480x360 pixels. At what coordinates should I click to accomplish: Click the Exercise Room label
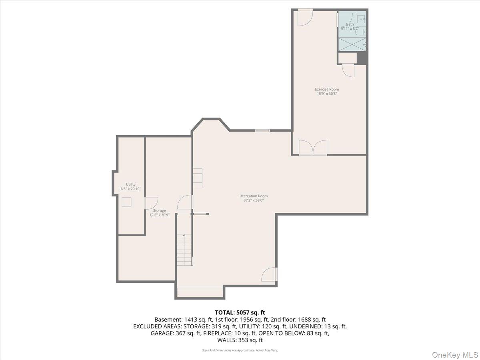coord(326,89)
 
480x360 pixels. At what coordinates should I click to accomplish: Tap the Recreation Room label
coord(254,196)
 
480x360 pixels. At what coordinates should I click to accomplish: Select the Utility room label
coord(131,184)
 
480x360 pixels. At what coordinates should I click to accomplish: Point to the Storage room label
coord(159,210)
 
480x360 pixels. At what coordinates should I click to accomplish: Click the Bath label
coord(350,24)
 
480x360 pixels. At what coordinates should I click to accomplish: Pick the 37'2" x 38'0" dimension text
coord(254,200)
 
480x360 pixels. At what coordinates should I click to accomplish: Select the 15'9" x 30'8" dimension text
coord(326,94)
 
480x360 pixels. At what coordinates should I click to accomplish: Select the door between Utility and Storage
coord(150,202)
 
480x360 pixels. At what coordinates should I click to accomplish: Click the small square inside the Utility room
coord(127,202)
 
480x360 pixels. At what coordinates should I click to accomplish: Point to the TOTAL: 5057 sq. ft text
coord(240,312)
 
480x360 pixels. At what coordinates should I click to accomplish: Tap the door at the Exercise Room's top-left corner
coord(304,18)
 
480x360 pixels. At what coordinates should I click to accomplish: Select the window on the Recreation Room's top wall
coord(262,130)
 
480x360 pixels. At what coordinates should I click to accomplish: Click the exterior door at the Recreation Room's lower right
coord(270,274)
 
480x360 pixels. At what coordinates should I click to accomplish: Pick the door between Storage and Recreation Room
coord(185,202)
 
